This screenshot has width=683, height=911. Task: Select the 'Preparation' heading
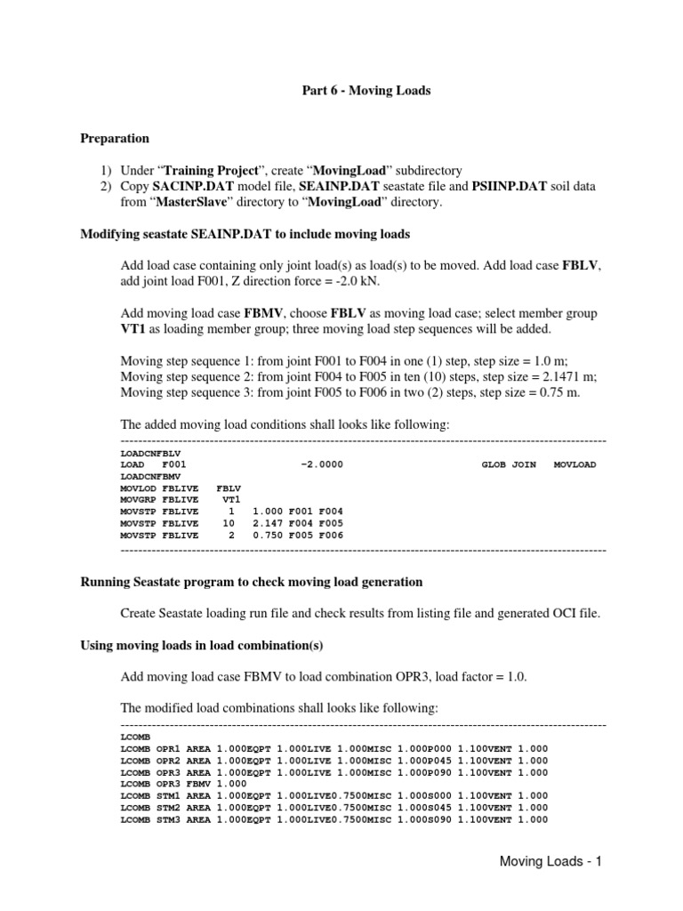click(x=115, y=139)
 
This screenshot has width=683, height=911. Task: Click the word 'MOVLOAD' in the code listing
click(x=575, y=464)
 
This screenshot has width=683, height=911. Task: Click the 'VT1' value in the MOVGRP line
click(x=231, y=500)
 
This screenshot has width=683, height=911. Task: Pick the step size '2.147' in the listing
click(x=268, y=524)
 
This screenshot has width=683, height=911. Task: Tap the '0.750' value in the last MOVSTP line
click(x=268, y=536)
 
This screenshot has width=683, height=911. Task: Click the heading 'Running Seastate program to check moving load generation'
click(x=252, y=582)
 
